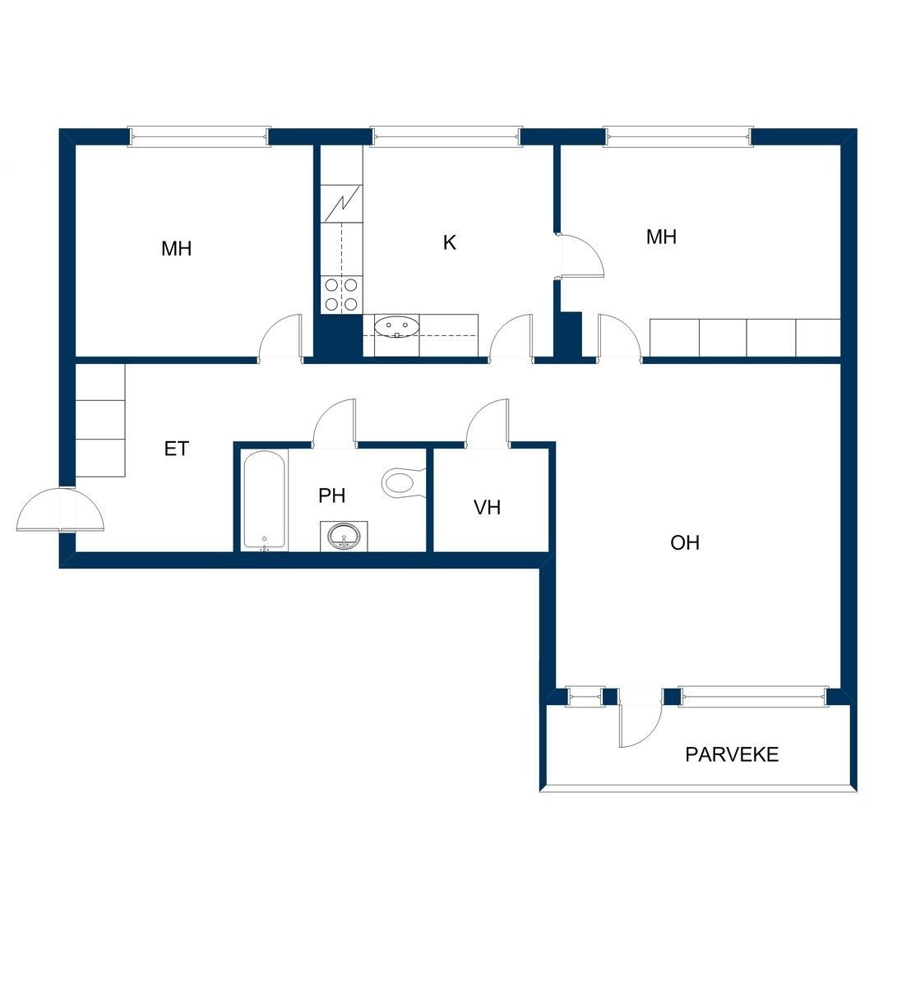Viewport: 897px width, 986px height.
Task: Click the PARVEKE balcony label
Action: point(732,754)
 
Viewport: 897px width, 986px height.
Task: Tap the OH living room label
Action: point(684,542)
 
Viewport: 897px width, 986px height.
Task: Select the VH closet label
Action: point(487,507)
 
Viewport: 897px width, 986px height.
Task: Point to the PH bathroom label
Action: point(331,495)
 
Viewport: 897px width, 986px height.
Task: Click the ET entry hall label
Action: point(176,449)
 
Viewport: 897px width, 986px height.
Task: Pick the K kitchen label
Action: point(449,243)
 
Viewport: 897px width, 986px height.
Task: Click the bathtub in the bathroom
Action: point(264,500)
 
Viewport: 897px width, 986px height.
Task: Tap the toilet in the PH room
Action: point(403,482)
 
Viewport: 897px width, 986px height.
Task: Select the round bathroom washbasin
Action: point(344,536)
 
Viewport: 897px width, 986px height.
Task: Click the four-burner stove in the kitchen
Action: point(341,294)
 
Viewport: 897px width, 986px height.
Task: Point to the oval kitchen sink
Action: point(396,326)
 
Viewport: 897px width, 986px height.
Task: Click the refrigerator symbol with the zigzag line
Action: point(341,204)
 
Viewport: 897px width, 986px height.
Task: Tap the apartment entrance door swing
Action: point(60,509)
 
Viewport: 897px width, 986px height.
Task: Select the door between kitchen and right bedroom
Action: point(579,256)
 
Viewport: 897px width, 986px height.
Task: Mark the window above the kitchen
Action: point(446,136)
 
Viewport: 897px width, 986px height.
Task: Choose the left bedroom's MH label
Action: point(176,249)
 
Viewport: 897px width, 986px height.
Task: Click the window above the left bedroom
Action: point(199,136)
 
